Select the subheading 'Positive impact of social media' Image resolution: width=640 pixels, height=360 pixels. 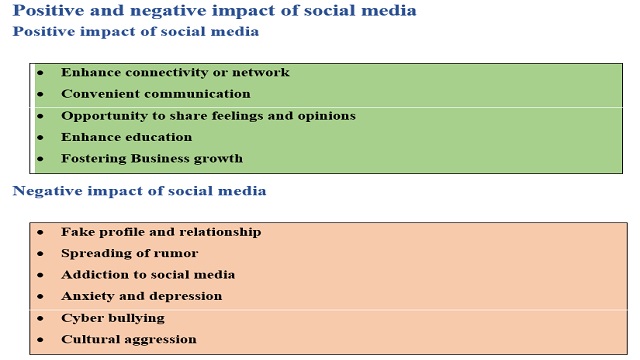135,31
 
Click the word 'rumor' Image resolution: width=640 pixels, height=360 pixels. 177,253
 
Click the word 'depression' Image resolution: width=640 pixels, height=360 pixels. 187,296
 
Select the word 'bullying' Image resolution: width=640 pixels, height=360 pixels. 135,318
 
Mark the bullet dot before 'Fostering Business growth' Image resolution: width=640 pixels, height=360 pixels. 40,158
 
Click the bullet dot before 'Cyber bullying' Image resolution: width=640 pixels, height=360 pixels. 40,318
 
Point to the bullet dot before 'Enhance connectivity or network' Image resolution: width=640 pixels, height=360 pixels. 40,73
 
